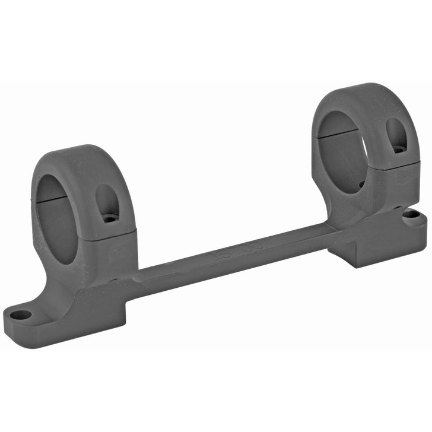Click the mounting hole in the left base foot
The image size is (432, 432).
(x=21, y=315)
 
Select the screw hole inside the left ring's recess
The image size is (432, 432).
(x=109, y=218)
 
